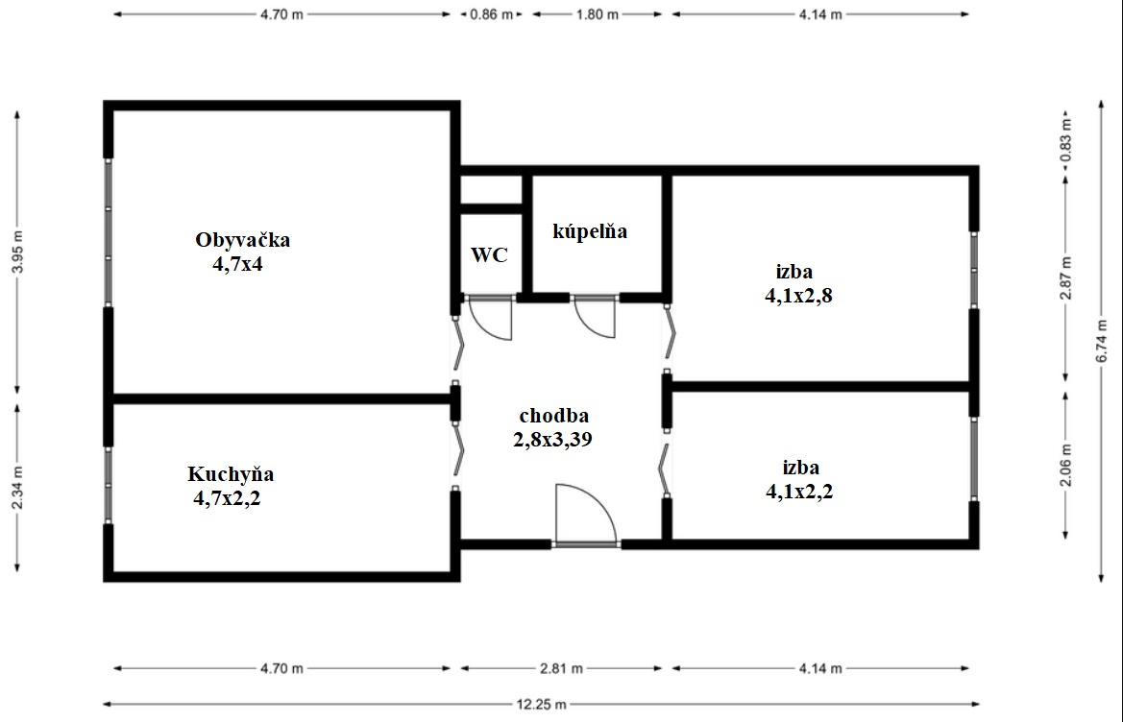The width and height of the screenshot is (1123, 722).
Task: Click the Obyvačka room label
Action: pyautogui.click(x=243, y=240)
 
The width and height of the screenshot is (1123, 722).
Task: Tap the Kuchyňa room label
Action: pyautogui.click(x=231, y=473)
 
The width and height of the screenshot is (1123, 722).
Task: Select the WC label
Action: pyautogui.click(x=489, y=254)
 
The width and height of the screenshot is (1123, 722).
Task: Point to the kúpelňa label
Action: pyautogui.click(x=590, y=231)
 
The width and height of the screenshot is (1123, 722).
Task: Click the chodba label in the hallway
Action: pyautogui.click(x=554, y=415)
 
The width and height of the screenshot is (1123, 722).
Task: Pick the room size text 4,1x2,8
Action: pyautogui.click(x=798, y=296)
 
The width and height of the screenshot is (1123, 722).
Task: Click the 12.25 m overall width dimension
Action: pyautogui.click(x=542, y=705)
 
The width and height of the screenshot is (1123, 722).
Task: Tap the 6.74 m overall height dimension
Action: pyautogui.click(x=1102, y=341)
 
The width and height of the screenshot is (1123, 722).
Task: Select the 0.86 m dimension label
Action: pyautogui.click(x=491, y=14)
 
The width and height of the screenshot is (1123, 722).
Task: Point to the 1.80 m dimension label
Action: pyautogui.click(x=598, y=14)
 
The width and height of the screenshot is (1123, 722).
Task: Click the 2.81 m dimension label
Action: pyautogui.click(x=561, y=668)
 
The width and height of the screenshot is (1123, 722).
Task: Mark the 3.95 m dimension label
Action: pyautogui.click(x=18, y=252)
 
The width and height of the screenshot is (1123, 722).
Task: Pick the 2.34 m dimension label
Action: pyautogui.click(x=18, y=488)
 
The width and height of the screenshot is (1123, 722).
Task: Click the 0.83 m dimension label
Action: pyautogui.click(x=1066, y=139)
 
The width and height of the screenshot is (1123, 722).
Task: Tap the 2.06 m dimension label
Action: pyautogui.click(x=1066, y=465)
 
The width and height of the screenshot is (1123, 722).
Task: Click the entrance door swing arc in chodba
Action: pyautogui.click(x=600, y=502)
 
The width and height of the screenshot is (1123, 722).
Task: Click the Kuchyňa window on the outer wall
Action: pyautogui.click(x=109, y=486)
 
